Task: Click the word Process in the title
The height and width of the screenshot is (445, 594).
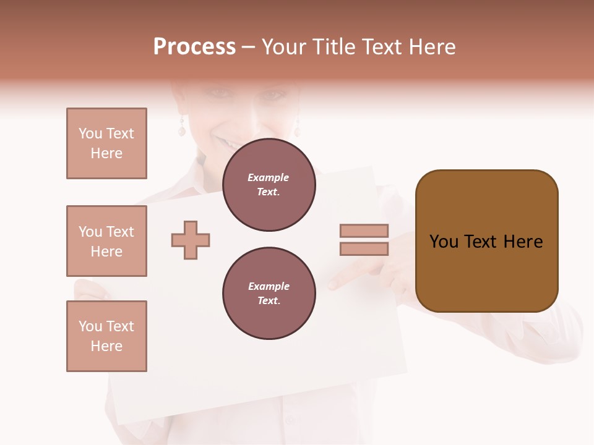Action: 194,47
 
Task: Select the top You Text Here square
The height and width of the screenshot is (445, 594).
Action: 106,143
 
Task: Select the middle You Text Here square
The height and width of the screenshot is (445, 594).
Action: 106,241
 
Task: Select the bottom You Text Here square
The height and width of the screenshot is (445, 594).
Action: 106,336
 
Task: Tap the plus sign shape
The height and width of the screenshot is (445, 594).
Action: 191,240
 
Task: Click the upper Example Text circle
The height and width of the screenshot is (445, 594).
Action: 269,185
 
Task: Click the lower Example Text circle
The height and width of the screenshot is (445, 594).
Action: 269,294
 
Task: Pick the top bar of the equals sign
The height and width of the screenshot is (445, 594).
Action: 364,231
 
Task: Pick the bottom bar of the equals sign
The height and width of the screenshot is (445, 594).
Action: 364,248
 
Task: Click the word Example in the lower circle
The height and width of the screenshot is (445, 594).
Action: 269,286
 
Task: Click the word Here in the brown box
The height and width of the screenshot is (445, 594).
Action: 523,242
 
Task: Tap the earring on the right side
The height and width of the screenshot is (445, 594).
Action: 296,129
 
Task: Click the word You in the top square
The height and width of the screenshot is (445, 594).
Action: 90,133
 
